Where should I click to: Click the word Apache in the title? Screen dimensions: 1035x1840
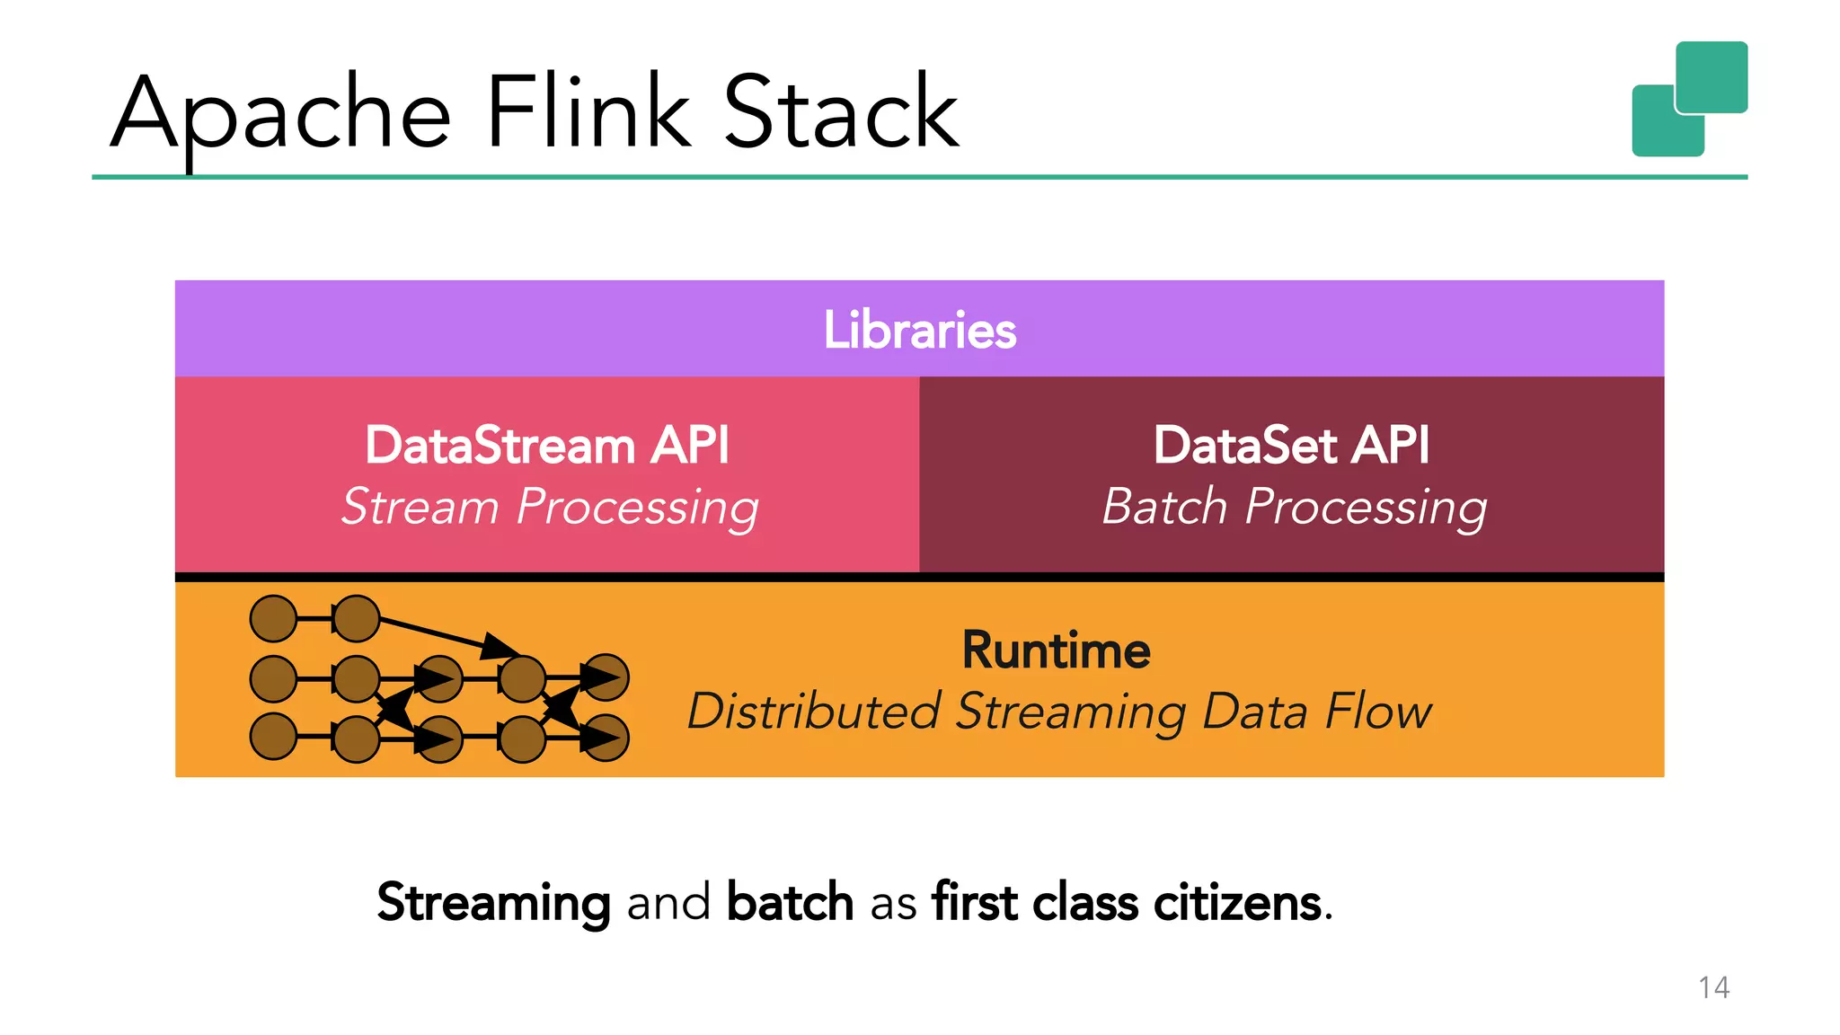280,114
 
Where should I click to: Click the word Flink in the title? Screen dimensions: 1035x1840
588,111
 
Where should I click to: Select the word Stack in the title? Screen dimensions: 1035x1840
841,111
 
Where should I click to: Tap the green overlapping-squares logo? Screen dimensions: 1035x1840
1689,99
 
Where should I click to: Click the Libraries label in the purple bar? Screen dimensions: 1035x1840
919,330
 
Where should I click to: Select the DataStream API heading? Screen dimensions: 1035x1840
546,446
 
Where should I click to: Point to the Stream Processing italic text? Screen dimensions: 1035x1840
550,508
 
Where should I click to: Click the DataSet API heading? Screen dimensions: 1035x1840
1291,446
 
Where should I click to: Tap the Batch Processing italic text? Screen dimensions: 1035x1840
1294,508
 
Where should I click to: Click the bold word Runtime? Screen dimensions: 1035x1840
1056,650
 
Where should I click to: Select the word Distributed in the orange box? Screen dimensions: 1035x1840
814,712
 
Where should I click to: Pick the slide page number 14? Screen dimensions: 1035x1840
1713,987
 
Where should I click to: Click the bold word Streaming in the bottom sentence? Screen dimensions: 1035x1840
493,902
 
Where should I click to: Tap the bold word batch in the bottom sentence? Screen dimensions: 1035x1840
790,902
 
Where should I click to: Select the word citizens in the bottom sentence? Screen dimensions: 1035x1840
1237,902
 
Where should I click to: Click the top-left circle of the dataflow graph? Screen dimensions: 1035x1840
273,618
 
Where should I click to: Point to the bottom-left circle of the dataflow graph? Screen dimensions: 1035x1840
273,737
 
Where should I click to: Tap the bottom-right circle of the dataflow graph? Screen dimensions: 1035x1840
606,738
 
